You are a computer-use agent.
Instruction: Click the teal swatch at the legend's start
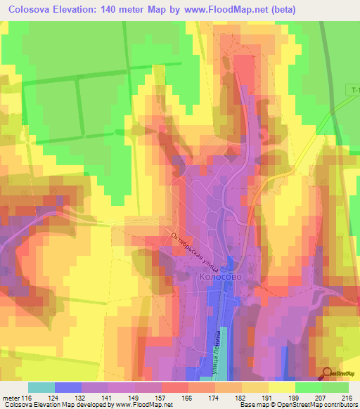[x=41, y=387]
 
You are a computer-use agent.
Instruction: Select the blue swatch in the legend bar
[x=68, y=387]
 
